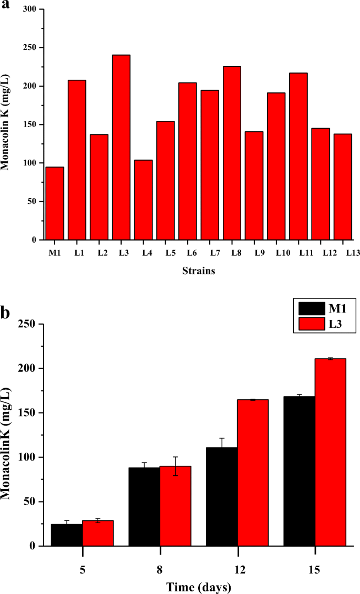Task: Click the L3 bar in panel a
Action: [121, 147]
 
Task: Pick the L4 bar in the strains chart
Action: [143, 200]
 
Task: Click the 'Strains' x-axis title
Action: [198, 272]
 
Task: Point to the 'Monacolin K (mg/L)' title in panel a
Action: [7, 124]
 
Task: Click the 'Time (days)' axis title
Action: [198, 586]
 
